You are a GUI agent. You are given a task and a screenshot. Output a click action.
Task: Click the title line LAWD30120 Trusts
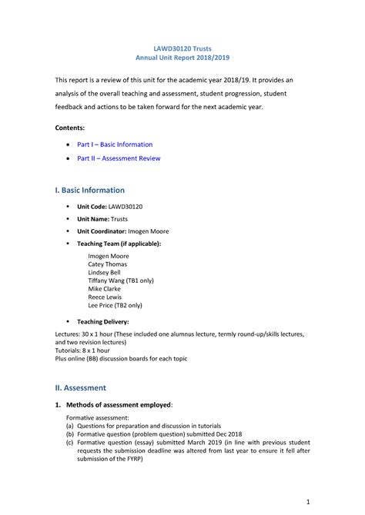182,47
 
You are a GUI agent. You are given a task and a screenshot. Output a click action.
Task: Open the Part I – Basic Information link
115,145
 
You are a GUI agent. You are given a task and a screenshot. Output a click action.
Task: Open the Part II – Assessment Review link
119,159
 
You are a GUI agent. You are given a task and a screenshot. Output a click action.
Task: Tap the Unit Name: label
98,220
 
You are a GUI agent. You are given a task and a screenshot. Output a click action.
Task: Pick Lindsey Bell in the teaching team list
104,272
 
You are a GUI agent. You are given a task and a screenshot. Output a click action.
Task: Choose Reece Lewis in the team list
105,298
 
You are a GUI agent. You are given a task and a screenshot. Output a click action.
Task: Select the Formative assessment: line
99,416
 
